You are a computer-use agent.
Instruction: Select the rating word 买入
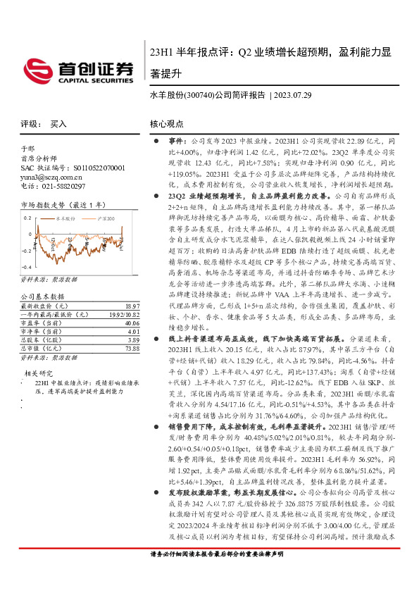58,123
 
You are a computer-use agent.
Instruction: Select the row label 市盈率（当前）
43,324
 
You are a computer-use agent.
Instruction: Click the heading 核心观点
166,123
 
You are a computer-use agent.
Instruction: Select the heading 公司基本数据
42,297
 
